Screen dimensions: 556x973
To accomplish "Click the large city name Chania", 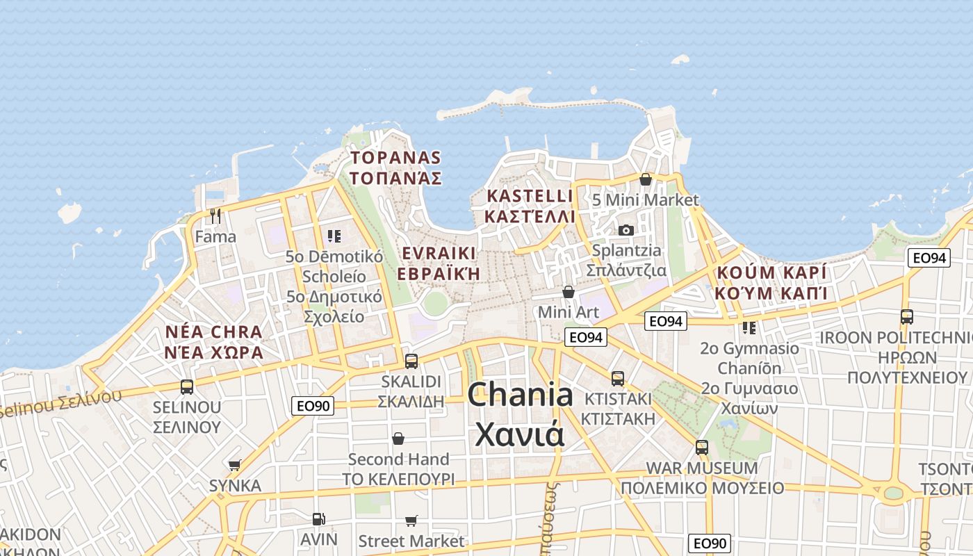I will [520, 395].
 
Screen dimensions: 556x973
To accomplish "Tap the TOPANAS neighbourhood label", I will [395, 158].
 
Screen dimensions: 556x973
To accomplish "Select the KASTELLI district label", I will [530, 196].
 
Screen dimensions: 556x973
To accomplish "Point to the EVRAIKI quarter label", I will [438, 253].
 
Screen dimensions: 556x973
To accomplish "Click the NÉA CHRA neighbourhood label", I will [214, 332].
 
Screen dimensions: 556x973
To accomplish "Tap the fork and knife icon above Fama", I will [215, 216].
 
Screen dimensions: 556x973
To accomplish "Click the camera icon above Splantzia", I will [625, 230].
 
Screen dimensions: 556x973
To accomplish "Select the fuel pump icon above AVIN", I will [318, 518].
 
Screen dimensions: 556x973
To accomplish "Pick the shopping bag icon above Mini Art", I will [569, 292].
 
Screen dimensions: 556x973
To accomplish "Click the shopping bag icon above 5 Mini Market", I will [646, 179].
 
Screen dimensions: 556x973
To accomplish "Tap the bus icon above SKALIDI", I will [411, 361].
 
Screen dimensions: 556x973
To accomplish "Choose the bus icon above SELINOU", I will [187, 386].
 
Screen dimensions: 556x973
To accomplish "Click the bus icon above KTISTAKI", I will [618, 379].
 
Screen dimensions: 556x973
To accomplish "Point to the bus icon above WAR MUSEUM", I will [702, 447].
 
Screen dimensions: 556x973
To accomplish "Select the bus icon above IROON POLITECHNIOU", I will [907, 317].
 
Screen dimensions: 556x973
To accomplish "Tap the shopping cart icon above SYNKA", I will [235, 465].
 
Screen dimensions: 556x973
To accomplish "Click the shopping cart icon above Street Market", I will [411, 521].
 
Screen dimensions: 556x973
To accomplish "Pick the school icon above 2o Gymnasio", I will [749, 327].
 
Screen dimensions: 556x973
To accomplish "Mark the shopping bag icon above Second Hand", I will [398, 439].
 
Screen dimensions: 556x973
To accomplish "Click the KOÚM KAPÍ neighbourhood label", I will [771, 272].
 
